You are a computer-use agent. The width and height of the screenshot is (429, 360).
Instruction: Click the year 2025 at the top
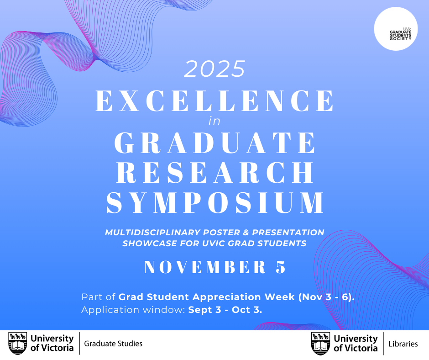pyautogui.click(x=214, y=69)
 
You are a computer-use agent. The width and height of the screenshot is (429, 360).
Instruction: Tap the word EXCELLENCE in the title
pyautogui.click(x=215, y=101)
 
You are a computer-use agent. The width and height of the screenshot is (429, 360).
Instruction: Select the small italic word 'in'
pyautogui.click(x=214, y=121)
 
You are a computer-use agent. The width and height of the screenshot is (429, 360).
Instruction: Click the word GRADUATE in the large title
pyautogui.click(x=215, y=143)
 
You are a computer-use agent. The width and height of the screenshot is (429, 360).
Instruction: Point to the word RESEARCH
pyautogui.click(x=215, y=172)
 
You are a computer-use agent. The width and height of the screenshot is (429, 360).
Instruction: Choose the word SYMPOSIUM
pyautogui.click(x=215, y=202)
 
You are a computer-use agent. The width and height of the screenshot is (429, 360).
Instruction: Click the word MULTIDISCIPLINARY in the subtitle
pyautogui.click(x=153, y=233)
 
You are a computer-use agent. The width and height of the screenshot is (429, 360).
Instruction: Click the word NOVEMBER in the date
pyautogui.click(x=205, y=267)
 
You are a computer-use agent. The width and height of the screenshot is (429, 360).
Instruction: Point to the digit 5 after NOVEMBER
pyautogui.click(x=281, y=267)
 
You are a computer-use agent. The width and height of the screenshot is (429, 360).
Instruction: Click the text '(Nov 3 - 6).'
pyautogui.click(x=326, y=297)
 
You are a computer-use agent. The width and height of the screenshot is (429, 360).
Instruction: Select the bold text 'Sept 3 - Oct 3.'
pyautogui.click(x=225, y=310)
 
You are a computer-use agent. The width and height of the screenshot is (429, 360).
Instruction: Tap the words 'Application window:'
pyautogui.click(x=133, y=310)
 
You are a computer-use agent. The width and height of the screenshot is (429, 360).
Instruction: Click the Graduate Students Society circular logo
pyautogui.click(x=396, y=29)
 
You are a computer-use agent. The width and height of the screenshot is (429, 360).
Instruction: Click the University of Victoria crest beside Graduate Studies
pyautogui.click(x=18, y=344)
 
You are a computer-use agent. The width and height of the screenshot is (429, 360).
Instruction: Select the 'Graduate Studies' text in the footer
pyautogui.click(x=113, y=344)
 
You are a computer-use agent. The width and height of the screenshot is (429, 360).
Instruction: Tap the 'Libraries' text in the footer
pyautogui.click(x=403, y=344)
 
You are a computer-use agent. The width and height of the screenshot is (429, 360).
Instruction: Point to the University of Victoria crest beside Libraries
pyautogui.click(x=321, y=344)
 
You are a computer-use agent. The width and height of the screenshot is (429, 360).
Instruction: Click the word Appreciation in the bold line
pyautogui.click(x=227, y=297)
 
